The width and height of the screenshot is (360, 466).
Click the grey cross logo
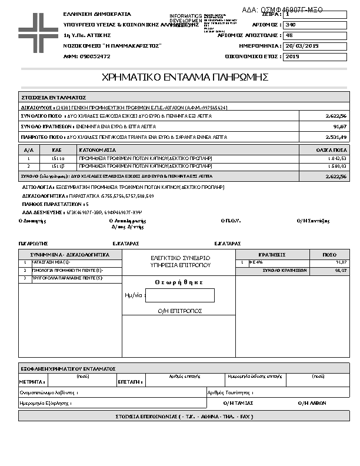38,30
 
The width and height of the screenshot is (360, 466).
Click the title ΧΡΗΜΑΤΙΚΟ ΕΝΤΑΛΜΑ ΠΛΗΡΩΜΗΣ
185,77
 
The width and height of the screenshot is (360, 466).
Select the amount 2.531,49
336,137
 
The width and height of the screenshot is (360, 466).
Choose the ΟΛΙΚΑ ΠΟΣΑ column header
330,151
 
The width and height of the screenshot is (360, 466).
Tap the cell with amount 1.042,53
336,159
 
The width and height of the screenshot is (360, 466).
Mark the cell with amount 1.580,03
336,167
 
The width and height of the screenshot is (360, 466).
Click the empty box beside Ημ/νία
180,295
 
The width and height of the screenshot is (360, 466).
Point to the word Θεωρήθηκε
179,282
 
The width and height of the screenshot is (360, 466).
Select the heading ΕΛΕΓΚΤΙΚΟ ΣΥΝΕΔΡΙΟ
180,258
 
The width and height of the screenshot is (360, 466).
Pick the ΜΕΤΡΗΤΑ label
31,382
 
